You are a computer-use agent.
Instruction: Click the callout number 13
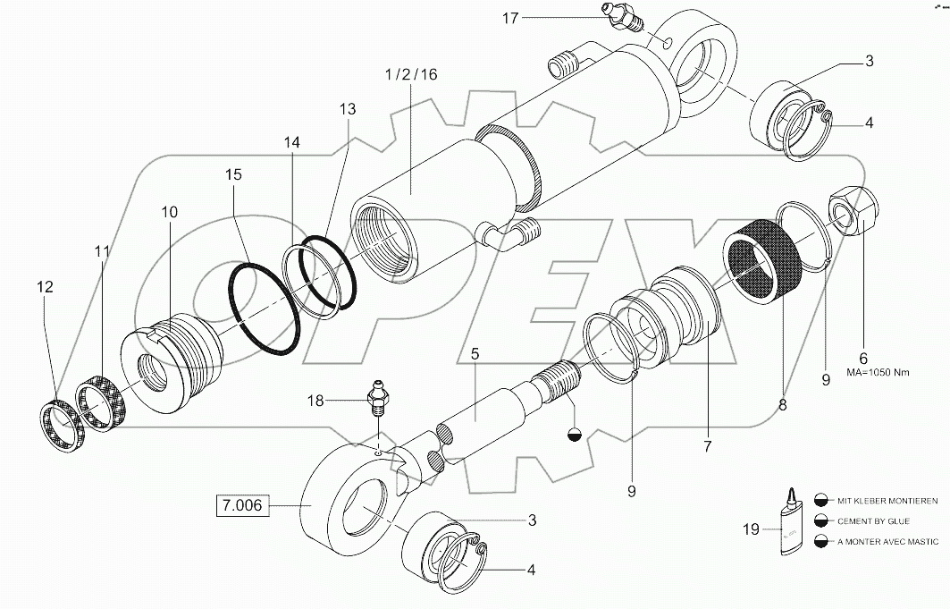pyautogui.click(x=347, y=108)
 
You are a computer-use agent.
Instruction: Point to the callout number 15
pyautogui.click(x=232, y=175)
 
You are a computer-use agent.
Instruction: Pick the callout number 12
pyautogui.click(x=45, y=287)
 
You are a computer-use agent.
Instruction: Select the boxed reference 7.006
pyautogui.click(x=241, y=506)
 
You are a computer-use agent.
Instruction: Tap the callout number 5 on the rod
pyautogui.click(x=475, y=354)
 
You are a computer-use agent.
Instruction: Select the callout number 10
pyautogui.click(x=169, y=212)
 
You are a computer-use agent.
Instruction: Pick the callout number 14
pyautogui.click(x=292, y=141)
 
